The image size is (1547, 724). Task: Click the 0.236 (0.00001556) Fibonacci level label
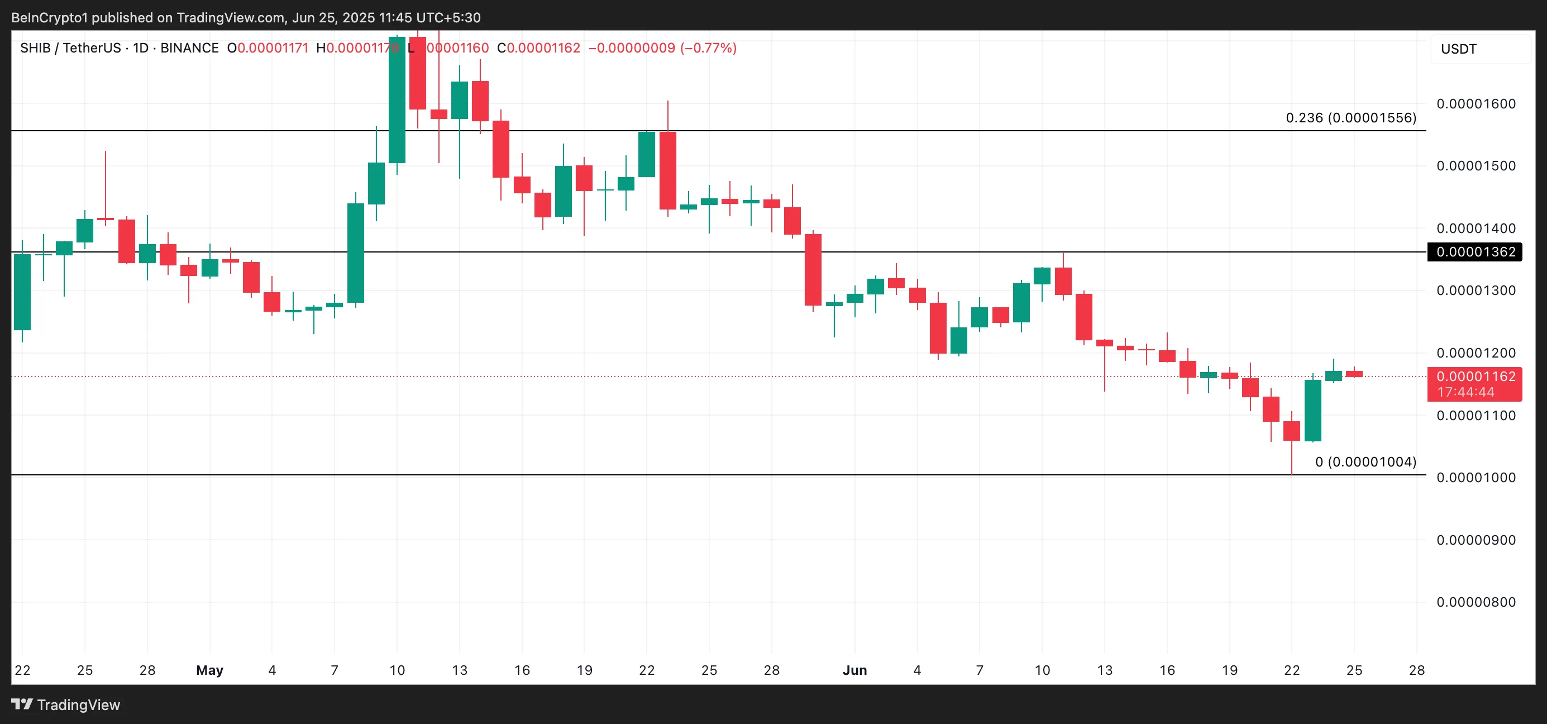click(1350, 118)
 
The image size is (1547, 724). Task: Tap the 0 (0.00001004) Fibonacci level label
click(1365, 461)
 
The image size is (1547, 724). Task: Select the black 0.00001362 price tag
click(1475, 252)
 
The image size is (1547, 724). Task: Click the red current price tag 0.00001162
click(1475, 377)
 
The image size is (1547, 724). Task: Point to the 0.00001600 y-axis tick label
click(1475, 104)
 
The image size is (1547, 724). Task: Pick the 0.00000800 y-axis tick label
click(1475, 602)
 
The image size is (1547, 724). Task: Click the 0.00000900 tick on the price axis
click(1475, 540)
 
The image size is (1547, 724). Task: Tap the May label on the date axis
click(209, 670)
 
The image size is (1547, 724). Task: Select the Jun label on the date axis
click(854, 670)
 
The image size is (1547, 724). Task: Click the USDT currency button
click(1458, 49)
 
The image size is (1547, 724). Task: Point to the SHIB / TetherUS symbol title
click(70, 48)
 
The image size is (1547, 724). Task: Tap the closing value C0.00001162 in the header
click(539, 48)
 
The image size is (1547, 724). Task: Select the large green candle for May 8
click(356, 253)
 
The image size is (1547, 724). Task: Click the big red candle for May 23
click(667, 170)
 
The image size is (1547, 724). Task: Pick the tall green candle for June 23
click(1312, 411)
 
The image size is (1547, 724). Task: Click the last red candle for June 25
click(1354, 374)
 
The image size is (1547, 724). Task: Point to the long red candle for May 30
click(813, 270)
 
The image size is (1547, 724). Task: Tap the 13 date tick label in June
click(1104, 670)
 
